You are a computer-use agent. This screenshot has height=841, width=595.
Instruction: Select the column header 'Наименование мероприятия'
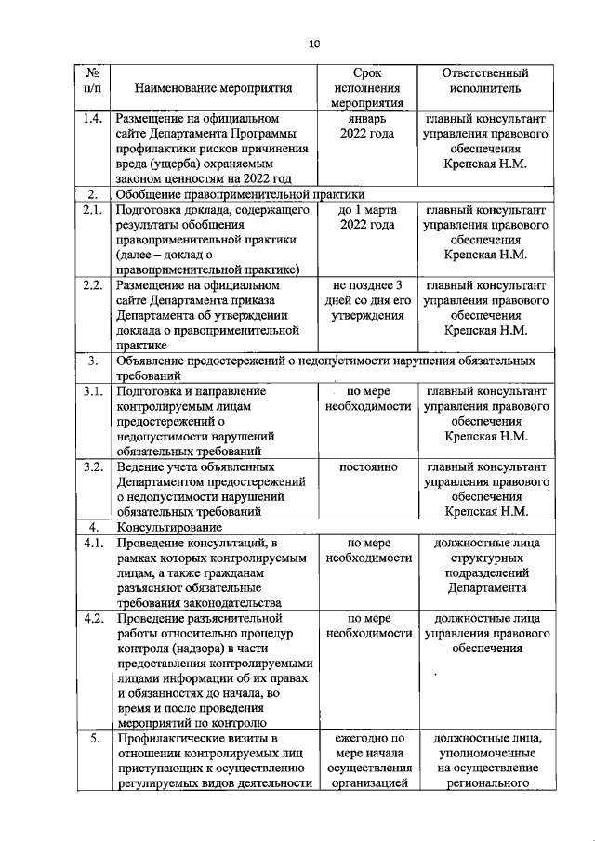pyautogui.click(x=213, y=88)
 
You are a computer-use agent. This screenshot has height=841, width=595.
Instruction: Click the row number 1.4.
pyautogui.click(x=91, y=120)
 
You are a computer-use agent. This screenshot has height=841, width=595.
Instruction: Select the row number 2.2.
pyautogui.click(x=91, y=284)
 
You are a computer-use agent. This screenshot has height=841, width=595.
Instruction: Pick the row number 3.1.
pyautogui.click(x=91, y=391)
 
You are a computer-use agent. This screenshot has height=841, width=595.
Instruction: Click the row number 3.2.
pyautogui.click(x=91, y=466)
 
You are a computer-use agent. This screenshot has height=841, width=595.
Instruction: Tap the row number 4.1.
pyautogui.click(x=91, y=542)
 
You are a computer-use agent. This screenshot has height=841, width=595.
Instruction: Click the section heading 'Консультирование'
pyautogui.click(x=166, y=527)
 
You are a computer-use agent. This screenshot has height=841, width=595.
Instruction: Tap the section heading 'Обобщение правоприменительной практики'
pyautogui.click(x=238, y=194)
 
